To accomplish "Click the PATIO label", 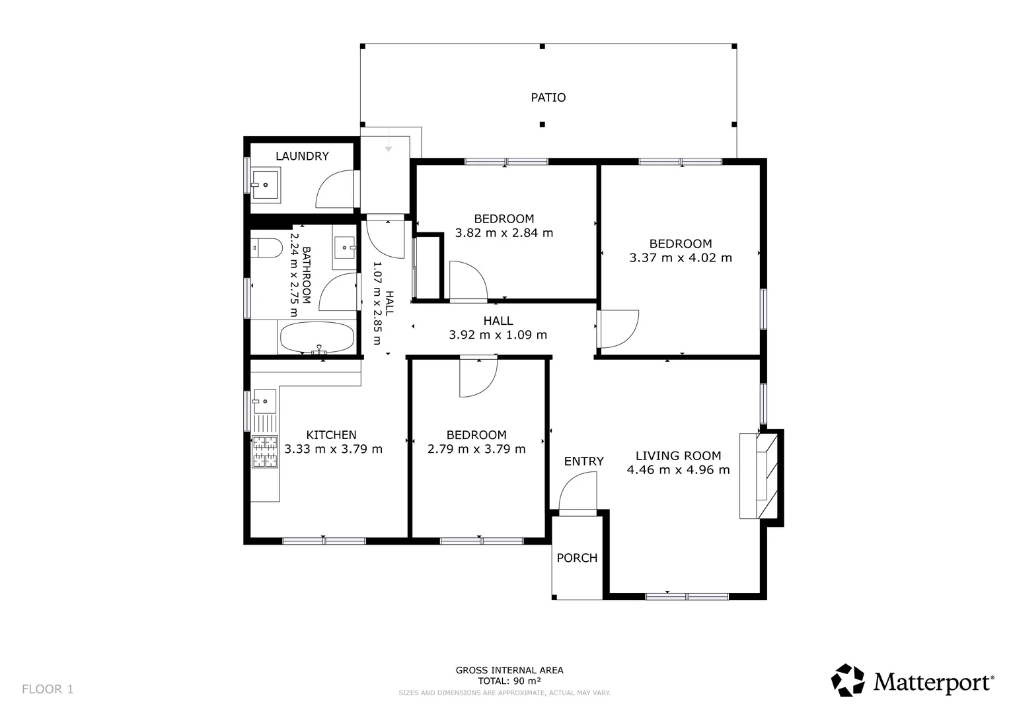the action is [x=548, y=97].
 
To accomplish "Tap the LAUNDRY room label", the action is [x=302, y=156].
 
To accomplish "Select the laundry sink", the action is [x=266, y=183].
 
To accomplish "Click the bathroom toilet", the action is [x=266, y=248].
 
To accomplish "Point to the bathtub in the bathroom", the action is [x=317, y=337].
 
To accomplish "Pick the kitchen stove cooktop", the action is [x=265, y=452].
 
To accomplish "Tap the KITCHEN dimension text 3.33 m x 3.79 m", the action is [x=333, y=449].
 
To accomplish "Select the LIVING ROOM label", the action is [x=679, y=456].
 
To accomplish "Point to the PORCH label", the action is [x=577, y=558].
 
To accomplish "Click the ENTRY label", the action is [x=583, y=461].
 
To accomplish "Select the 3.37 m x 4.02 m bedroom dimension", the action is [x=681, y=258].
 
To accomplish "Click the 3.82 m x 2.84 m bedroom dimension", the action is [x=504, y=232].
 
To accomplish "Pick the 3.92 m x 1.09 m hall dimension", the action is [x=498, y=335].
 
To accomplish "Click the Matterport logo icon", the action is [x=848, y=680].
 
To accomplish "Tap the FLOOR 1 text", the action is [x=48, y=689].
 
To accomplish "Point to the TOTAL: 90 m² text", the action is [x=509, y=681].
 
